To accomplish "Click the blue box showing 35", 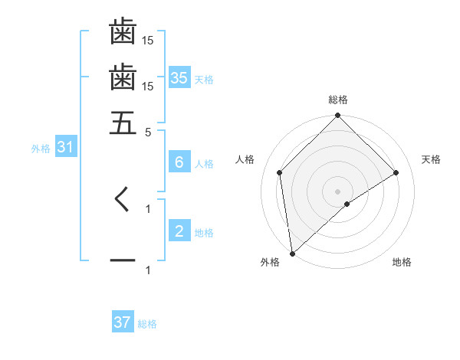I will pos(179,77).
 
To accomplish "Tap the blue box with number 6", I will pos(179,162).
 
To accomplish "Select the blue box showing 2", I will pos(179,231).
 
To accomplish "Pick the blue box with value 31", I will pos(64,147).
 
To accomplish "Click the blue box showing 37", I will pos(123,322).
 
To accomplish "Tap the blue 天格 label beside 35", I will pos(204,79).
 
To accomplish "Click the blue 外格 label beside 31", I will pos(41,149).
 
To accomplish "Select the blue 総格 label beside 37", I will pos(147,324).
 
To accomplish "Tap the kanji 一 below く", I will pos(123,261).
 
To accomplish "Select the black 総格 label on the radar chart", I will pos(338,100).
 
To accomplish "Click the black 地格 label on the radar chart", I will pos(402,263).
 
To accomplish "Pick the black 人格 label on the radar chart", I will pos(245,159).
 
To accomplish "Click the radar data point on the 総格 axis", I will pos(338,116).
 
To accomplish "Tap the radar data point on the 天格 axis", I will pos(396,172).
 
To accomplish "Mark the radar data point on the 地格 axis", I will pos(347,204).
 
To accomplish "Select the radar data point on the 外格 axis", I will pos(292,254).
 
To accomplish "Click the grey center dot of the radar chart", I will pos(338,191).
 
